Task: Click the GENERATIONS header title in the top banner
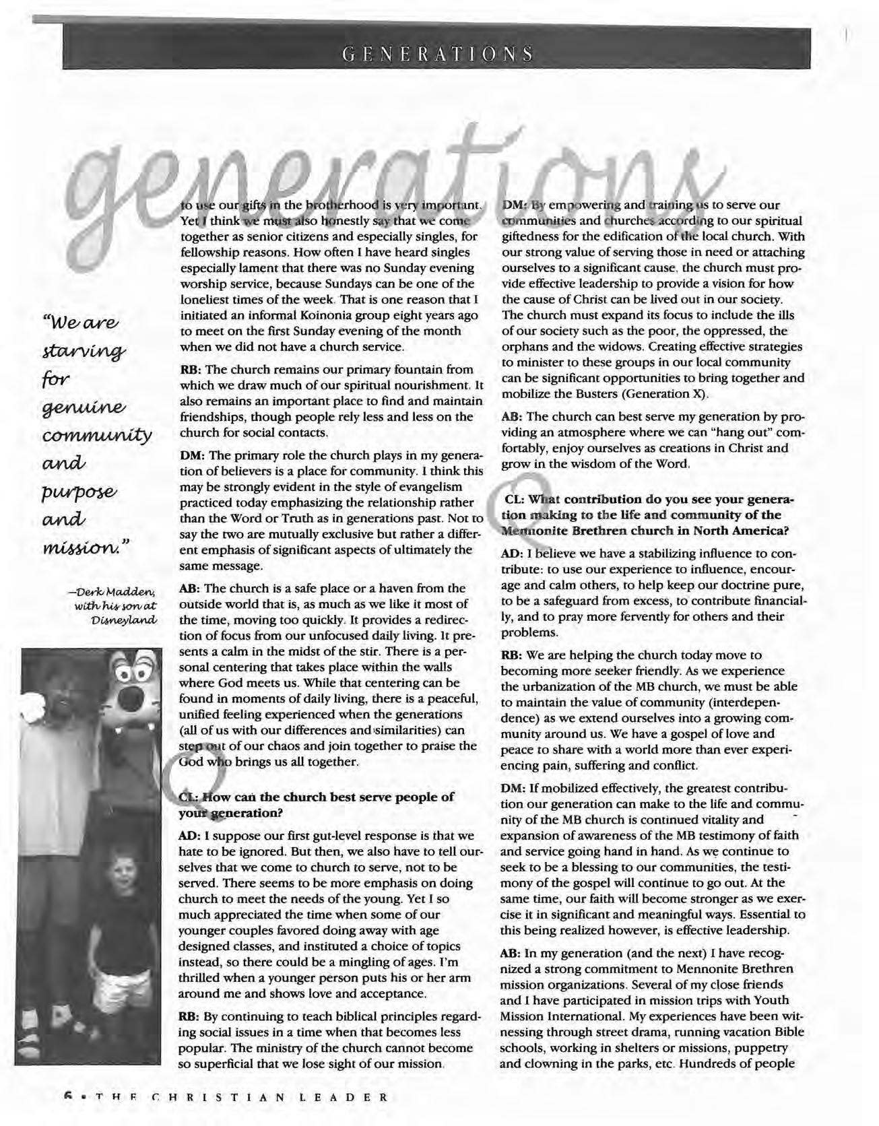[437, 53]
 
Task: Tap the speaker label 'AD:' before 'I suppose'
[188, 836]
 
